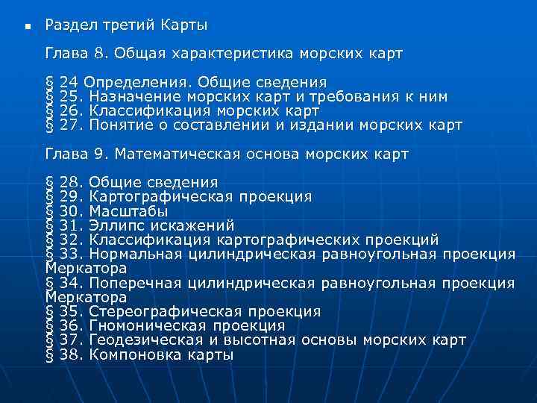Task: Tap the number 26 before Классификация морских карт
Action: [69, 110]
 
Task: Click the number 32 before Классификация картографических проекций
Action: [69, 240]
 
